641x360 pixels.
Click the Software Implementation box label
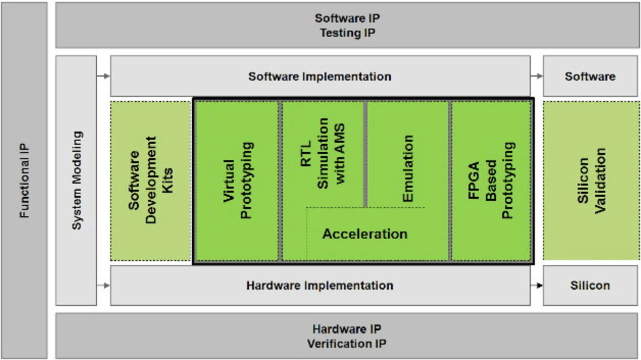pos(319,77)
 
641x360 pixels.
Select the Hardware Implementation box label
pos(319,285)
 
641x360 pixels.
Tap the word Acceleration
pos(365,234)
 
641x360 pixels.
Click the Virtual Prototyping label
pos(238,180)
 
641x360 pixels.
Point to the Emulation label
pos(408,169)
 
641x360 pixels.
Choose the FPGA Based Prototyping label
pos(491,180)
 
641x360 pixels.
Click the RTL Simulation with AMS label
pos(323,153)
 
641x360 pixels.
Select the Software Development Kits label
pos(151,180)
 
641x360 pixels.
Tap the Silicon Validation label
pos(591,181)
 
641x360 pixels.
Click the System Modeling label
pos(77,180)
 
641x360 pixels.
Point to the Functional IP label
pos(24,181)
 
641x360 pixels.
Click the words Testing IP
pos(348,33)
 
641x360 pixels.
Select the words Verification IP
pos(347,343)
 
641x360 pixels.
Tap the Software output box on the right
pos(590,76)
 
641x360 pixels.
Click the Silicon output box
pos(590,285)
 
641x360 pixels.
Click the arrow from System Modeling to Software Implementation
pos(103,76)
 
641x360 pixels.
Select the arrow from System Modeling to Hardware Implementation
pos(103,285)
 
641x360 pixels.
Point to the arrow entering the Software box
pos(536,76)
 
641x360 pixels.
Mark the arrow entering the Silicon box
pos(536,285)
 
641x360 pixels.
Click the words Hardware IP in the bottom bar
pos(347,329)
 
